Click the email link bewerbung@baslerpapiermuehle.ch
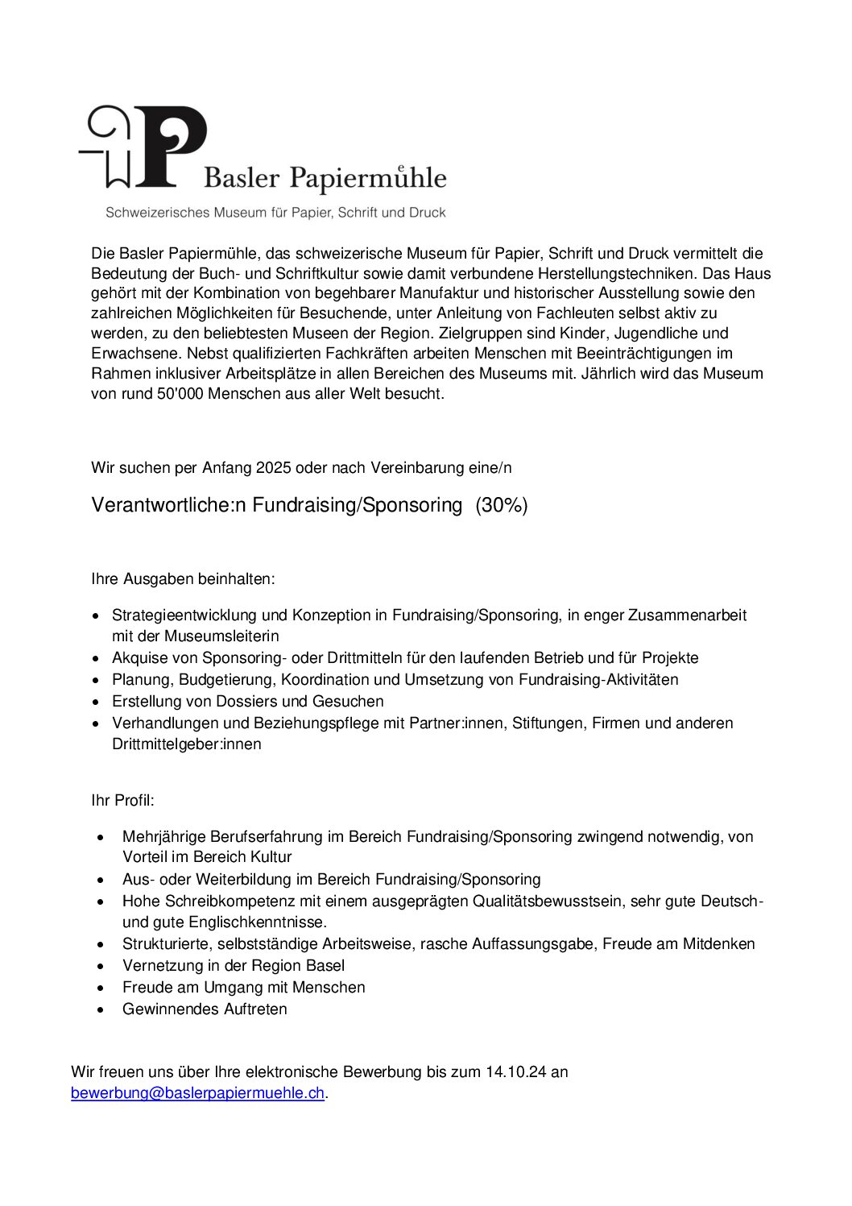pos(197,1093)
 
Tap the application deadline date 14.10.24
pos(515,1072)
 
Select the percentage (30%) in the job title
pos(502,505)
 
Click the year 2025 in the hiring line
pos(274,468)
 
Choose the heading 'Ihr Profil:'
pos(122,801)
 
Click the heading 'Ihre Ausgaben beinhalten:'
pos(183,579)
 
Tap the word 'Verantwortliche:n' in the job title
pos(168,505)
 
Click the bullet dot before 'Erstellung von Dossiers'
pos(96,702)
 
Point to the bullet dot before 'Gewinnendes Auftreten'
pos(101,1009)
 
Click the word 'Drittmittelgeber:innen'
pos(186,744)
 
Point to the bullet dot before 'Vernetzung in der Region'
pos(101,966)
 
